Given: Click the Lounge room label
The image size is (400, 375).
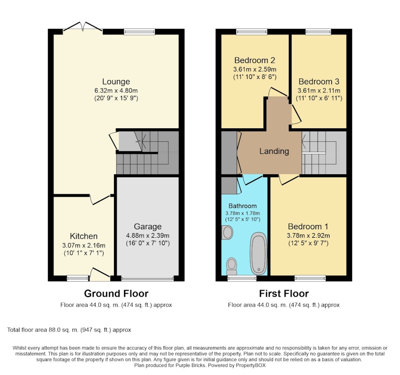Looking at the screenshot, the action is coord(116,81).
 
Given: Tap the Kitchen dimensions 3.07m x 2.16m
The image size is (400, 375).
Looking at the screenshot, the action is coord(83,246).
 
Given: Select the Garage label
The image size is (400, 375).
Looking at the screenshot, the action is coord(147,227).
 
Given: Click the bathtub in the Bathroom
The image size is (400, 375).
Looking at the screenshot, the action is coord(258,253).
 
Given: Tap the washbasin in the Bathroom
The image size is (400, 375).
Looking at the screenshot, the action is coord(227,232).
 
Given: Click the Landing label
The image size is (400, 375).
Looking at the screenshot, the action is coord(274,151).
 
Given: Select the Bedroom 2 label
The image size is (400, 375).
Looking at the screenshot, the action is coord(254,60).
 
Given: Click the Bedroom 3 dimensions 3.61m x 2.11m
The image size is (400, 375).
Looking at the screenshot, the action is coord(319,90).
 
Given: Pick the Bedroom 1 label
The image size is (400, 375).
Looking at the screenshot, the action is coord(308,227).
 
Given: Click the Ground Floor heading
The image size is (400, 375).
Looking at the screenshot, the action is coord(116,294).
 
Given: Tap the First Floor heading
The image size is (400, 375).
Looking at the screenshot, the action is coord(283,294).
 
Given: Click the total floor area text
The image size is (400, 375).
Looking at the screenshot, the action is coord(69,330).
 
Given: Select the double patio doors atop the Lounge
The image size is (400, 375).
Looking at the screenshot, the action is coord(82,27).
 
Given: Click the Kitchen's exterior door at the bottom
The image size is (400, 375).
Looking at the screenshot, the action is coord(100,275).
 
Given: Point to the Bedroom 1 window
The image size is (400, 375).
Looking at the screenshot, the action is coord(310,278).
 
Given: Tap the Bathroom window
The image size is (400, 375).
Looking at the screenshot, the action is coord(242,278).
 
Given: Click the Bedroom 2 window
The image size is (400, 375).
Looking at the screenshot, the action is coord(252,32).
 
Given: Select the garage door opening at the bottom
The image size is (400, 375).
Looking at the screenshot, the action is coord(147,279).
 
